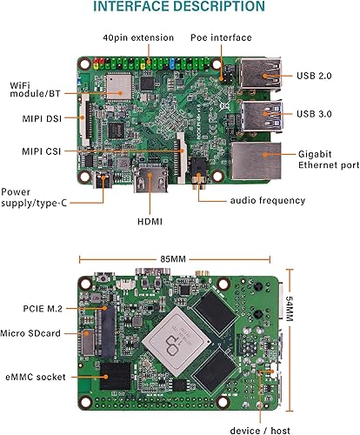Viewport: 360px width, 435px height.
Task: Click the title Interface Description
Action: pyautogui.click(x=179, y=8)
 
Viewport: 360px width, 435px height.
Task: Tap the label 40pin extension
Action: pyautogui.click(x=138, y=38)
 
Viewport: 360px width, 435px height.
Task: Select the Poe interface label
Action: pyautogui.click(x=221, y=38)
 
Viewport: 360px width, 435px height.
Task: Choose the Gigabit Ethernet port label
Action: pyautogui.click(x=325, y=157)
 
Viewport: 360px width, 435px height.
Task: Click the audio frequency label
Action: pyautogui.click(x=267, y=200)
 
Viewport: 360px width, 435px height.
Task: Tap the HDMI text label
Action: pyautogui.click(x=151, y=221)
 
